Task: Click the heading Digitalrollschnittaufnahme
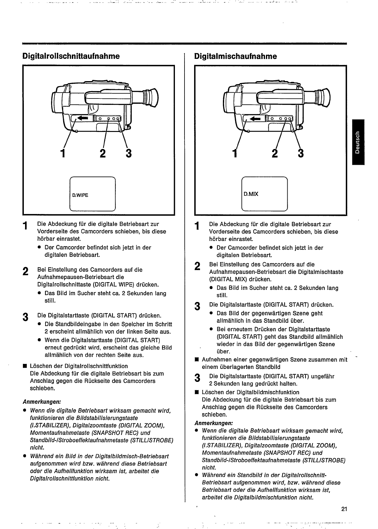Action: coord(71,56)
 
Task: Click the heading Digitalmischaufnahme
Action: coord(235,56)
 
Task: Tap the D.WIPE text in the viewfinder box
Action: coord(80,195)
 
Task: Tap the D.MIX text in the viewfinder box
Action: coord(251,194)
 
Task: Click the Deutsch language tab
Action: coord(358,142)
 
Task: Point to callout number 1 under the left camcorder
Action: coord(63,153)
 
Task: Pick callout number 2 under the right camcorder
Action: coord(274,153)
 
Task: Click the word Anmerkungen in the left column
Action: coord(41,402)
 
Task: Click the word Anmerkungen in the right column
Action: coord(214,423)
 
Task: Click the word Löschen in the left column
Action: coord(40,366)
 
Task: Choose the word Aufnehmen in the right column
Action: coord(216,360)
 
